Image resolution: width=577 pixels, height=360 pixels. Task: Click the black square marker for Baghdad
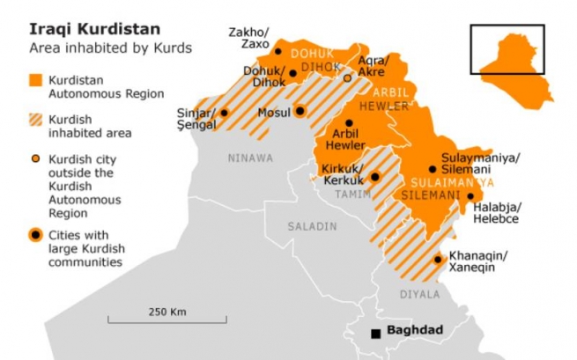(x=376, y=333)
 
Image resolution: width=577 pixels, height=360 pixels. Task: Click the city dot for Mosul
(x=300, y=112)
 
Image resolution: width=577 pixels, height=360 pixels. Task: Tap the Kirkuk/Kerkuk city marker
(x=374, y=176)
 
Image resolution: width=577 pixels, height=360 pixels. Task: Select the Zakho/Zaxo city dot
(x=278, y=51)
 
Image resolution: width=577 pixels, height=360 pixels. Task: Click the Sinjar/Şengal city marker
(x=224, y=113)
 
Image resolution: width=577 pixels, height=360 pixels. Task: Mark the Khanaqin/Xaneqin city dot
(x=438, y=259)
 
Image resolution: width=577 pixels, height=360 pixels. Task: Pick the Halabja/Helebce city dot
(x=471, y=197)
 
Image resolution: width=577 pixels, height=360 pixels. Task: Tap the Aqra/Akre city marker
(x=347, y=78)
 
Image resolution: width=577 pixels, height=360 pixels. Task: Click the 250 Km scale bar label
(x=166, y=312)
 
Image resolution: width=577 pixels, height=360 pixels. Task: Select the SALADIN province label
(x=312, y=226)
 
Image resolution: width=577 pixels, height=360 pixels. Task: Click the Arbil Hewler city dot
(x=350, y=123)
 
